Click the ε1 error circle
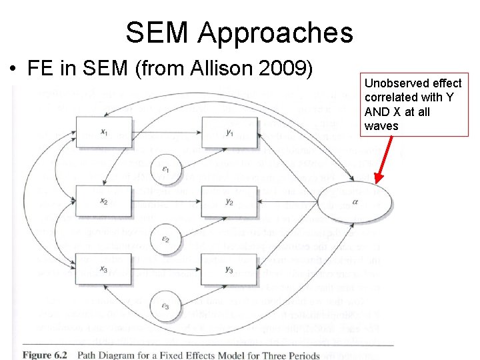pos(166,169)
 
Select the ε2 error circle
pos(166,238)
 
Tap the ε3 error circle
pos(166,306)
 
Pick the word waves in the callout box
pos(382,126)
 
